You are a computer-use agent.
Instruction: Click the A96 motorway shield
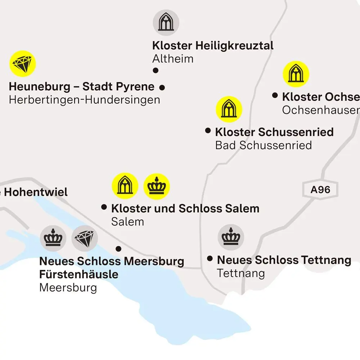point(320,189)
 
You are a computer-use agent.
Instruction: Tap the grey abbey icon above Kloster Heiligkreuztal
point(166,22)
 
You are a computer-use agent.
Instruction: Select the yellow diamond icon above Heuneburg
point(23,63)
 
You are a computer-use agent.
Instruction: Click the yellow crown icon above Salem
point(157,186)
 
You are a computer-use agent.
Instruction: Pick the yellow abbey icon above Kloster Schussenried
point(229,109)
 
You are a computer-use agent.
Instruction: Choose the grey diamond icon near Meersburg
point(85,238)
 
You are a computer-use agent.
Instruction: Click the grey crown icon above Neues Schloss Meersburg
point(53,238)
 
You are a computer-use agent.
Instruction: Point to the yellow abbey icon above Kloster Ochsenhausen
point(296,74)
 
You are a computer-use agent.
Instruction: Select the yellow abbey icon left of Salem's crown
point(125,186)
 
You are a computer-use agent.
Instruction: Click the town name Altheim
point(173,59)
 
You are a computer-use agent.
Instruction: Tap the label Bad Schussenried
point(263,145)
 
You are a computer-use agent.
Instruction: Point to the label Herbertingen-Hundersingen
point(84,100)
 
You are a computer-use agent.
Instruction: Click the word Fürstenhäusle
point(78,274)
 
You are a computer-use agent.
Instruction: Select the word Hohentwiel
point(36,192)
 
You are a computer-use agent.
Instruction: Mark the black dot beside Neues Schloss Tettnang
point(210,258)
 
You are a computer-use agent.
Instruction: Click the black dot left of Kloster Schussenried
point(208,131)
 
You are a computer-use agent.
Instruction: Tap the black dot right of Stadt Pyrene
point(162,87)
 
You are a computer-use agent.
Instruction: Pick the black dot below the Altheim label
point(156,71)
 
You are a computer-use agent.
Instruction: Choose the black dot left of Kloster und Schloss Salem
point(104,207)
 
